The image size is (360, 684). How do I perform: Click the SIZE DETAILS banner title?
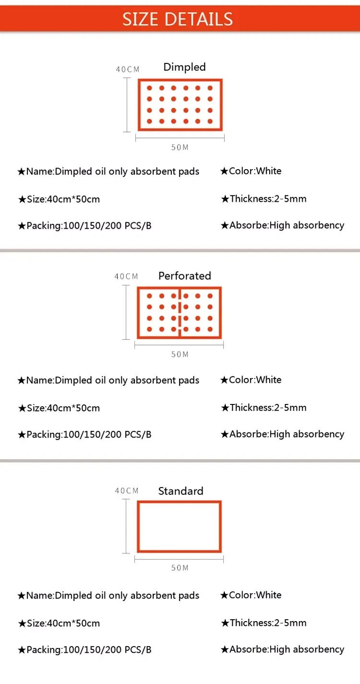coord(178,19)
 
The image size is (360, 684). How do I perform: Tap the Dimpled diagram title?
coord(185,67)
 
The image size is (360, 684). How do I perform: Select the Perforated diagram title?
coord(185,276)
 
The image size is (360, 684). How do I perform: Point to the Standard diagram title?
coord(180,491)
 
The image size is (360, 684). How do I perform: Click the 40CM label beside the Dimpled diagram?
coord(128,69)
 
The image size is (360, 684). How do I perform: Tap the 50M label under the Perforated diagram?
coord(180,354)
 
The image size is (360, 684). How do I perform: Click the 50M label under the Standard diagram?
coord(180,568)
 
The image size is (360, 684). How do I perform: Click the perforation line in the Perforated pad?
coord(180,313)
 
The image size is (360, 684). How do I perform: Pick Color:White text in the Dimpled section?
coord(251,171)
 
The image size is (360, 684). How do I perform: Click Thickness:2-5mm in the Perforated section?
coord(264,408)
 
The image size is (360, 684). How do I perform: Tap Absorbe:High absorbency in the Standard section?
coord(282,649)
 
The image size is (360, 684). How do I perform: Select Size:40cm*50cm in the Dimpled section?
coord(59,199)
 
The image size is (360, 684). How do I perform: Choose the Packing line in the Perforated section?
coord(84,435)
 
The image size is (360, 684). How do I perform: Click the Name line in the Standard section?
coord(108,596)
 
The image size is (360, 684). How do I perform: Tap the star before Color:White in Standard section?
coord(224,595)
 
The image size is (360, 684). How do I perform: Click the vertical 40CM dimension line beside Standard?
coord(126,526)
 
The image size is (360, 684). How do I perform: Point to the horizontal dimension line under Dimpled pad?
coord(180,138)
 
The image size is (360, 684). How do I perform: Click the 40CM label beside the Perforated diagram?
coord(126,276)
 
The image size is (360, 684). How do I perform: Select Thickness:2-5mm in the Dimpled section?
coord(264,199)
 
